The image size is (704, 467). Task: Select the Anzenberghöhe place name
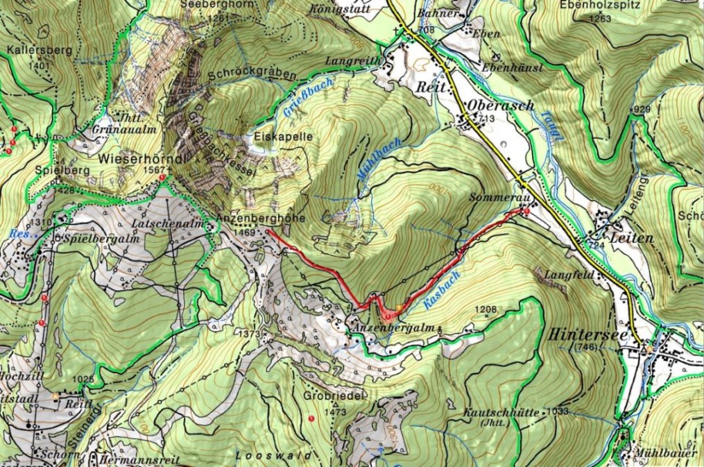point(251,218)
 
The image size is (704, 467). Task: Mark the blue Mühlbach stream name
point(370,160)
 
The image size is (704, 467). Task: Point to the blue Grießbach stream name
point(309,97)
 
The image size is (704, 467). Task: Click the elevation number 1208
point(486,308)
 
